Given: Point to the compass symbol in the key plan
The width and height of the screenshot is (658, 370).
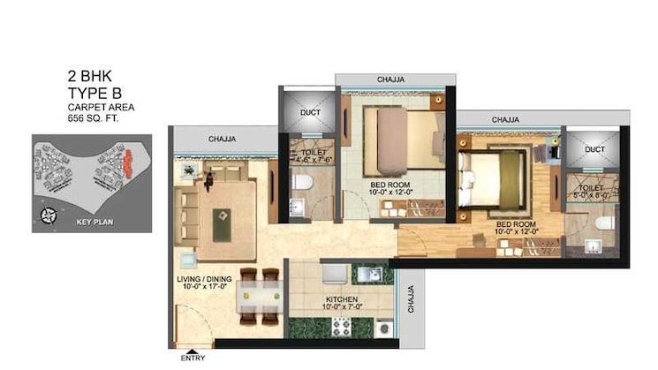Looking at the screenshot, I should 49,213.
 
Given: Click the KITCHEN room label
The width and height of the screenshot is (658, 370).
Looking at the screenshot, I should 341,300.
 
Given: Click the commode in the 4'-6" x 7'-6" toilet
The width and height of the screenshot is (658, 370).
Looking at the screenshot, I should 302,182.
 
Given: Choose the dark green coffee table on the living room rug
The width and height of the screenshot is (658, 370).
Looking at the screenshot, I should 220,215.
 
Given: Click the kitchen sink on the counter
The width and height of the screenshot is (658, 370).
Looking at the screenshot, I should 374,274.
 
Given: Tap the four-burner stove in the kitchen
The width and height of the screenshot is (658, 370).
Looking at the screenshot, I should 341,326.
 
